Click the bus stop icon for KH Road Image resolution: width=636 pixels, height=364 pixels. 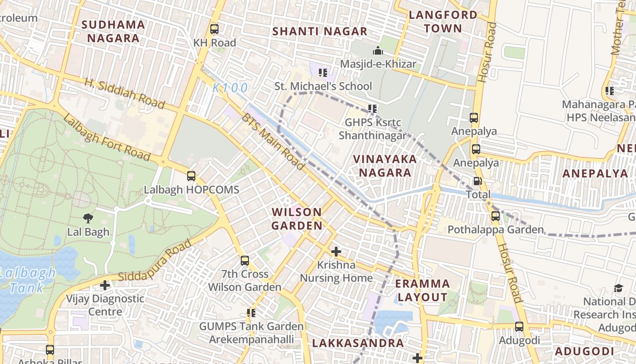pos(214,29)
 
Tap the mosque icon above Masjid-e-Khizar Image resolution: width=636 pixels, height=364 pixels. pos(378,51)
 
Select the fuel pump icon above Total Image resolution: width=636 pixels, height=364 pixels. pos(477,181)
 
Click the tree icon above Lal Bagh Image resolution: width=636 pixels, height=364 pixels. pos(88,218)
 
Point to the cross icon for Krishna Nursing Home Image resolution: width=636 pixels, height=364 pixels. pos(336,252)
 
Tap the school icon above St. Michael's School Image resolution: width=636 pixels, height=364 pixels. pos(323,72)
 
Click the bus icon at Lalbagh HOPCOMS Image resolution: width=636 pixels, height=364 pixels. pos(191,176)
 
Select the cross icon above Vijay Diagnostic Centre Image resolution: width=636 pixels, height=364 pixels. pos(105,285)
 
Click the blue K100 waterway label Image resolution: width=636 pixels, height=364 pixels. pos(230,88)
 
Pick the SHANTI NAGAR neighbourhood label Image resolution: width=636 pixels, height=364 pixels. pos(319,31)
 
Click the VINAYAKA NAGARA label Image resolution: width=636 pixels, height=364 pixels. pos(385,166)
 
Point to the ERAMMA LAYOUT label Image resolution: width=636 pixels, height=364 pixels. pos(422,290)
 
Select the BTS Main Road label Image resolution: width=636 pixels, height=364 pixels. pos(273,142)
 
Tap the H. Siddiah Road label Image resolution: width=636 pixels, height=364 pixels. pos(124,94)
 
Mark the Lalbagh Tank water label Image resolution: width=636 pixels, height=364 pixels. pos(27,280)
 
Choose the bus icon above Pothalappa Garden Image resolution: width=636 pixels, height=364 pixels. pos(496,216)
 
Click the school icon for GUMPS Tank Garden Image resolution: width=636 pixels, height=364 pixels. pos(251,313)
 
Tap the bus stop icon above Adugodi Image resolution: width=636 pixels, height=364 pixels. pos(519,327)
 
